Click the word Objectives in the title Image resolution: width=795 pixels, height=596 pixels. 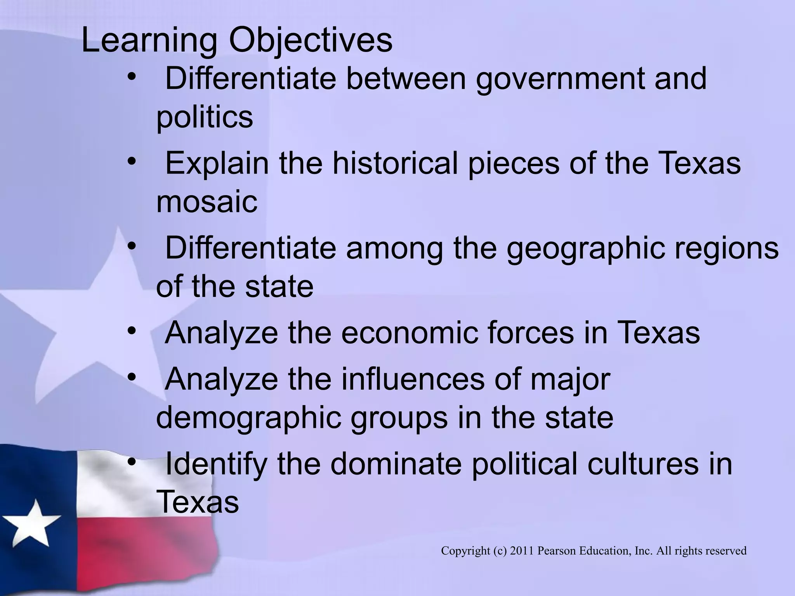point(311,41)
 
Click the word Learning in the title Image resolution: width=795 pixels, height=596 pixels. point(149,41)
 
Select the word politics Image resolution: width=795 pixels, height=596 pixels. point(205,117)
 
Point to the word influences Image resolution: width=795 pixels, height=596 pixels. point(413,379)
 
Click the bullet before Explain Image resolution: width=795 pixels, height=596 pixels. point(132,161)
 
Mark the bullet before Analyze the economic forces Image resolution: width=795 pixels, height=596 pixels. point(132,330)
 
